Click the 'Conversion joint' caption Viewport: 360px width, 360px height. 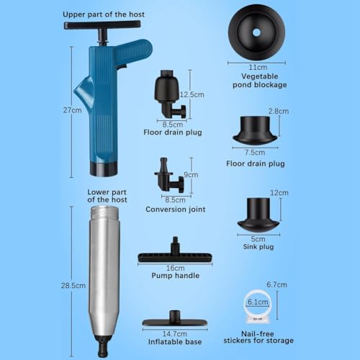pyautogui.click(x=176, y=210)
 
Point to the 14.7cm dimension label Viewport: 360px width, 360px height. pyautogui.click(x=171, y=333)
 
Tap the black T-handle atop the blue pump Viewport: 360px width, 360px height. pyautogui.click(x=102, y=27)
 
